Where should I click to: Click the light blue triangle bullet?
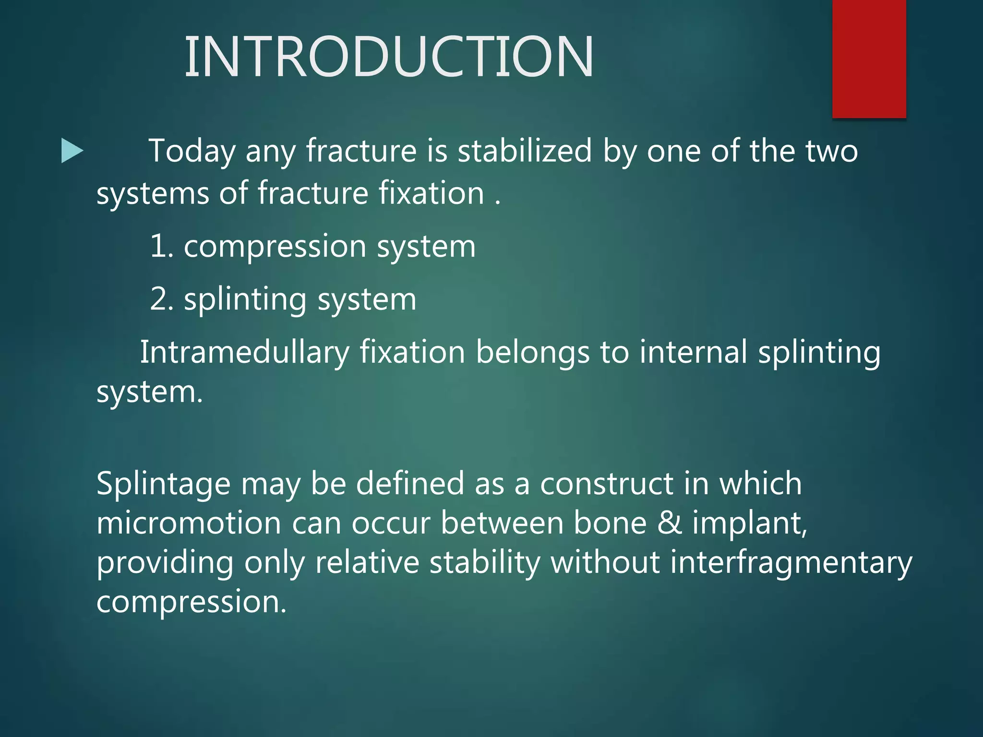pos(72,151)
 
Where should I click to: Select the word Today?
pos(192,151)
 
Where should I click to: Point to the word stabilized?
pos(525,151)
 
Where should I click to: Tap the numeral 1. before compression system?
pos(161,246)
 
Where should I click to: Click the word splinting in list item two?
pos(245,300)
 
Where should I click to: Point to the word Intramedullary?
pos(244,352)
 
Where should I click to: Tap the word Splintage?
pos(163,484)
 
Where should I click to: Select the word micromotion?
pos(189,523)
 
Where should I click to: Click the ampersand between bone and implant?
pos(669,523)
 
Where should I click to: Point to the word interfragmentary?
pos(791,562)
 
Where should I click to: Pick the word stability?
pos(485,562)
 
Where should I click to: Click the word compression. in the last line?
pos(191,602)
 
